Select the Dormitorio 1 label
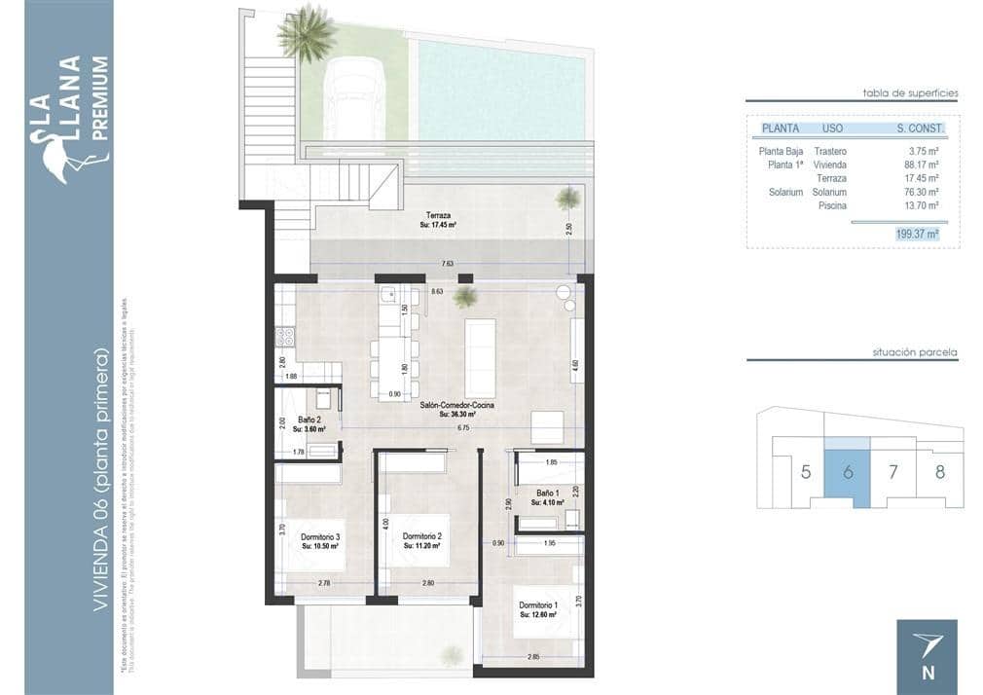(537, 605)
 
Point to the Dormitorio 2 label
(422, 537)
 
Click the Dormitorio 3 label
(320, 537)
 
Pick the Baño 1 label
(548, 493)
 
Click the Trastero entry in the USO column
(829, 152)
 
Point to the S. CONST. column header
(920, 128)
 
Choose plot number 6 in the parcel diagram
(848, 473)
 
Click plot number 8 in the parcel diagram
(939, 473)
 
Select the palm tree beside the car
(306, 32)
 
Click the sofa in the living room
(481, 345)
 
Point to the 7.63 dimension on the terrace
(447, 263)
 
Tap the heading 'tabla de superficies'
(910, 93)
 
